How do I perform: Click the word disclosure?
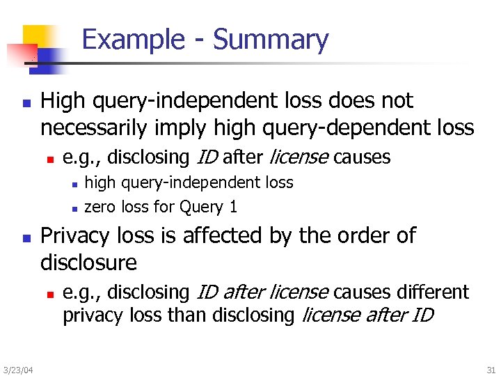pos(88,263)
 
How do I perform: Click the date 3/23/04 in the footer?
pos(17,368)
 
